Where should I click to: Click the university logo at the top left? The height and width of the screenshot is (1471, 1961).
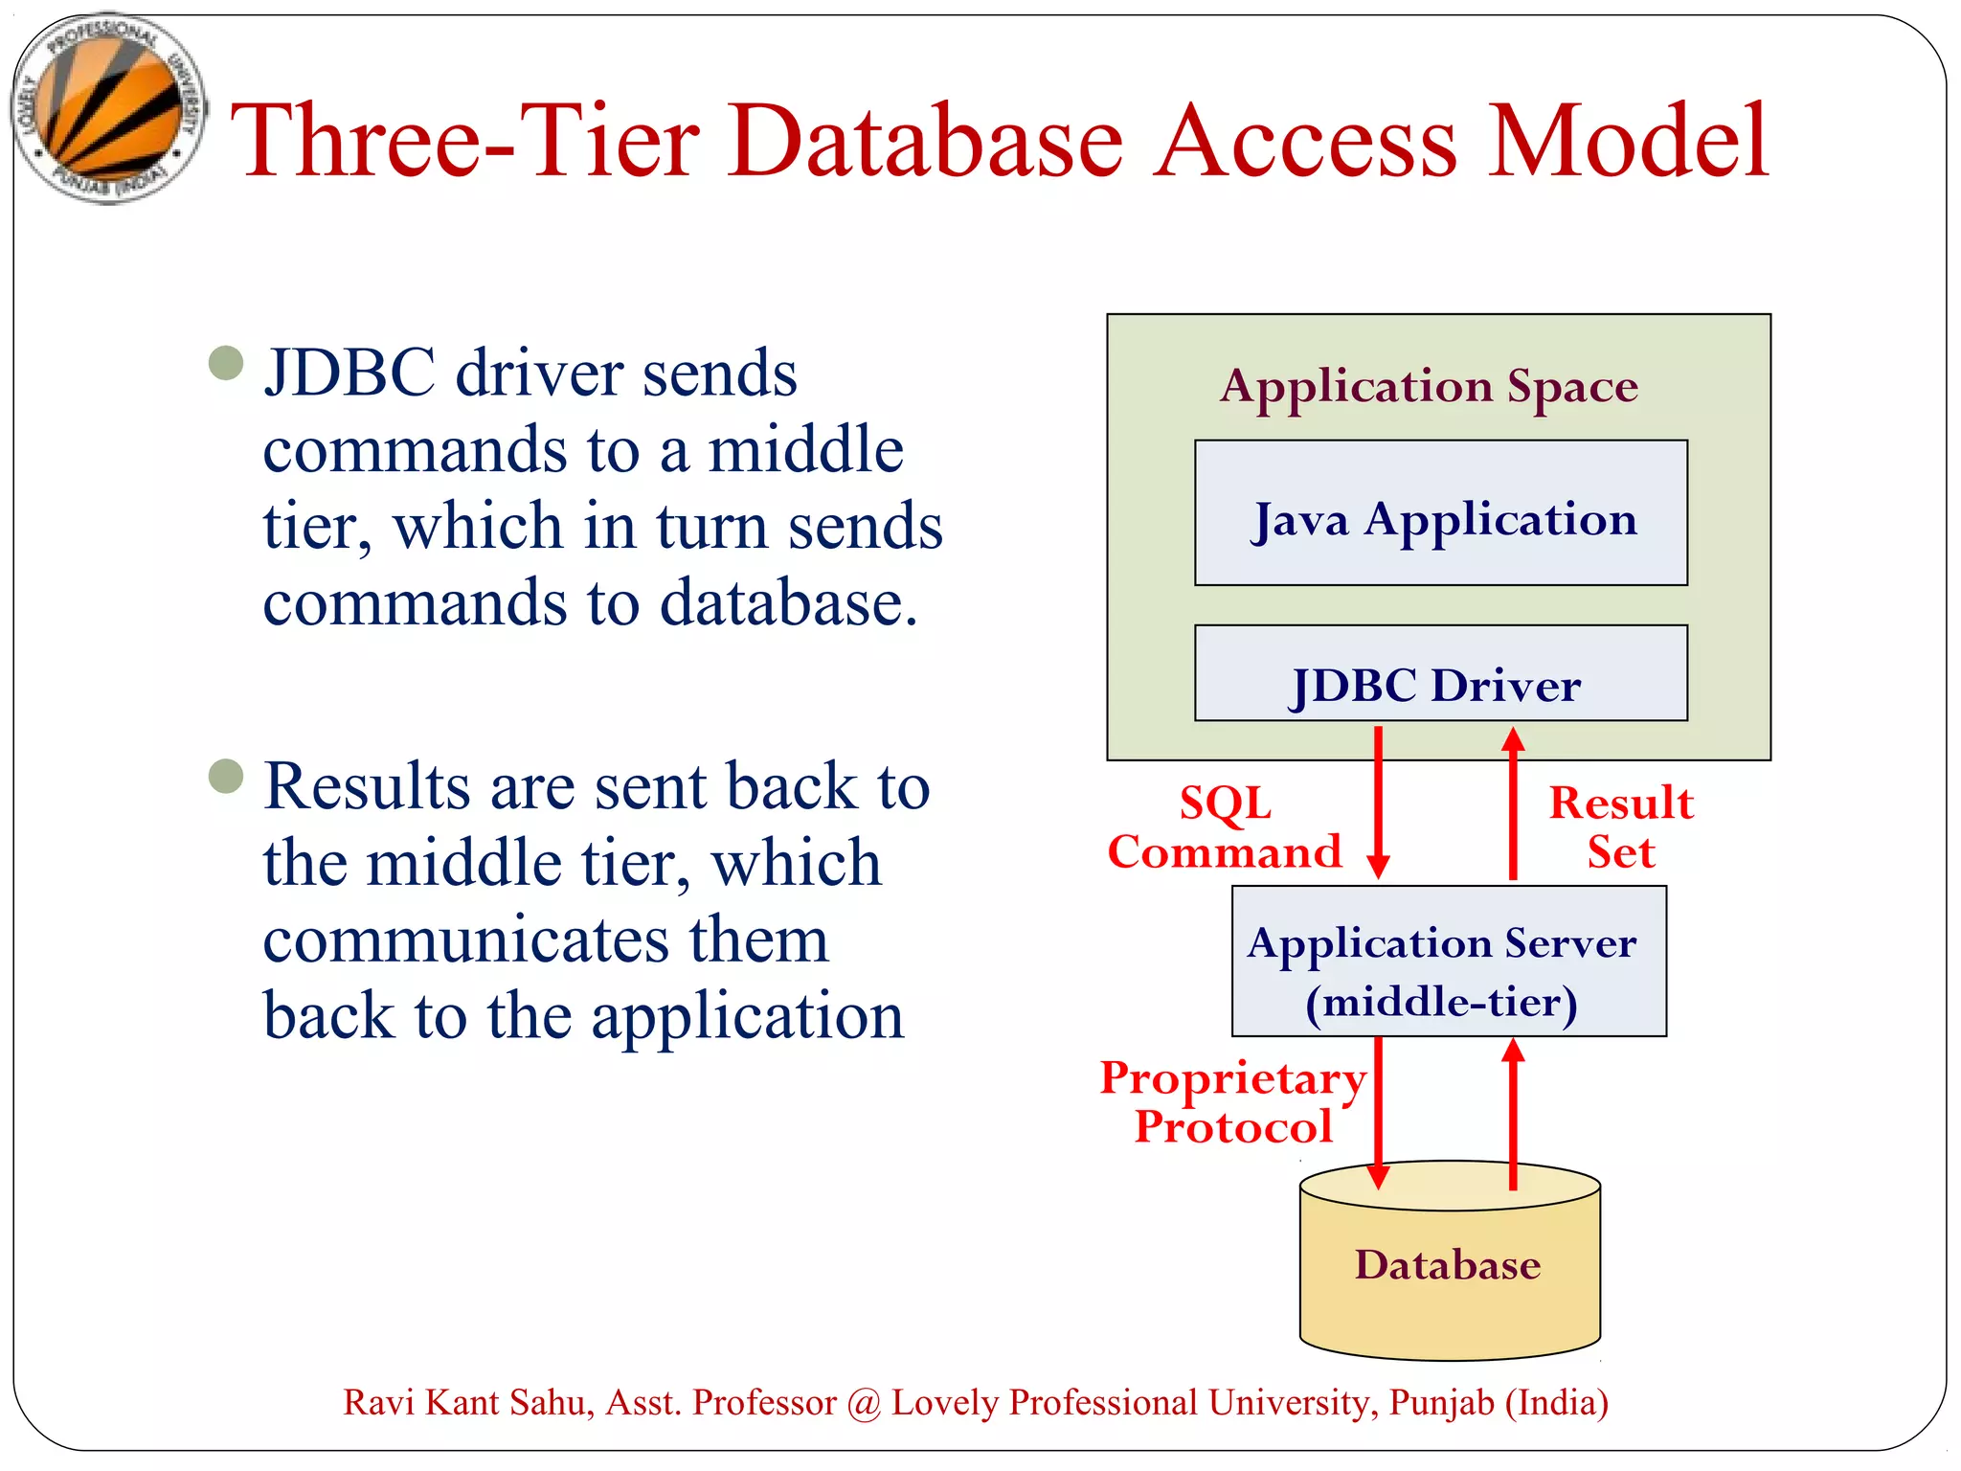[108, 107]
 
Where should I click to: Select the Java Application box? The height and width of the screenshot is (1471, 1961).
[1440, 513]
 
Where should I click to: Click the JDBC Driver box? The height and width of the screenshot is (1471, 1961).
[1440, 674]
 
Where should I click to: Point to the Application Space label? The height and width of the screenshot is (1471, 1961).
[1429, 387]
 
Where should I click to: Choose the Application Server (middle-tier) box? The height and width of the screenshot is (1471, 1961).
[1448, 962]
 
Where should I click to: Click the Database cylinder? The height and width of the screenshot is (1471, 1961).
[1448, 1264]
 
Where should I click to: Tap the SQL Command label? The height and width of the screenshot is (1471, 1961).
[1225, 827]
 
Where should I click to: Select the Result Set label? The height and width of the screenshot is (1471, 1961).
[1620, 827]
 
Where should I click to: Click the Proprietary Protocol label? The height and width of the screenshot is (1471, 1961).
[1232, 1101]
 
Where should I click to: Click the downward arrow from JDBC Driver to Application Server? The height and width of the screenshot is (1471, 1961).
[1378, 804]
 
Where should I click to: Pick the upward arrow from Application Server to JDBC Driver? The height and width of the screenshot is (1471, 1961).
[1513, 804]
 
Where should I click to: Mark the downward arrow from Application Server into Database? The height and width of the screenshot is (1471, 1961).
[1378, 1111]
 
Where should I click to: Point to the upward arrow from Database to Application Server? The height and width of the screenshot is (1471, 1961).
[1513, 1111]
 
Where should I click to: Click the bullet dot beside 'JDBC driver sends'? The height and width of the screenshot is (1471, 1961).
[226, 363]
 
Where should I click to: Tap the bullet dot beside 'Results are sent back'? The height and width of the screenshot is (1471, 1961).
[226, 776]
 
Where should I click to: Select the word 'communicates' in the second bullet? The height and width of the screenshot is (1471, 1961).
[465, 940]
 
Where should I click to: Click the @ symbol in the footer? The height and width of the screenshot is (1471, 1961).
[864, 1404]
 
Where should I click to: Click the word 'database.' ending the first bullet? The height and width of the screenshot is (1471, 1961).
[789, 603]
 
